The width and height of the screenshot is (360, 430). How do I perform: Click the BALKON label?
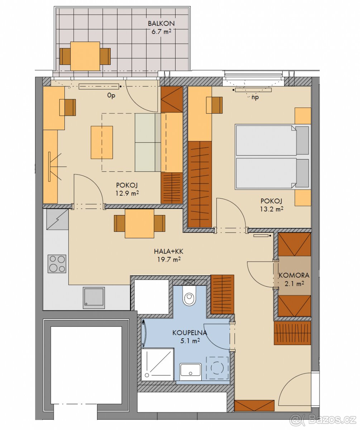(x=161, y=24)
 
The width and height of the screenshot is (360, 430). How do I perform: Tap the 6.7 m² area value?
(x=161, y=32)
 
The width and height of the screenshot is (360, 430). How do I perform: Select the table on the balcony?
(x=85, y=56)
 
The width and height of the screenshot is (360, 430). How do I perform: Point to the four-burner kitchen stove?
(x=57, y=264)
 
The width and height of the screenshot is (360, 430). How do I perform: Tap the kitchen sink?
(x=94, y=298)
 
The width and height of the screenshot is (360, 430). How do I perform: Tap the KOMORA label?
(x=294, y=275)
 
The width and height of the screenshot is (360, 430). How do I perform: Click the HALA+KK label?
(x=169, y=251)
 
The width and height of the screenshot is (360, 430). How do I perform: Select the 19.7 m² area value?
(x=169, y=259)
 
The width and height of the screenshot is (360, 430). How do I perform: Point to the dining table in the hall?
(x=140, y=224)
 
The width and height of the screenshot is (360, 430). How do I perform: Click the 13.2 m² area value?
(x=272, y=209)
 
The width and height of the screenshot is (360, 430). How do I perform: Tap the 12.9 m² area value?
(x=127, y=193)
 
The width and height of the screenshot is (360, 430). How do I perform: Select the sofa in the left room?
(x=148, y=142)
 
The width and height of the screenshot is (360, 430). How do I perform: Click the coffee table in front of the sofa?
(x=102, y=142)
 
